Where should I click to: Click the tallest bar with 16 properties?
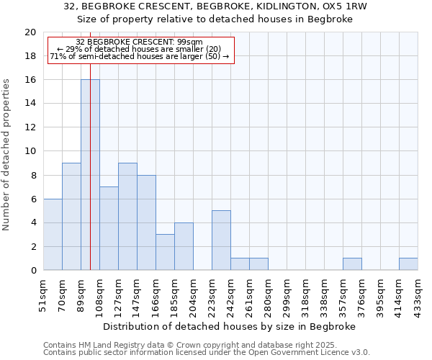[90, 174]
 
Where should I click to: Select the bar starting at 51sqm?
[53, 234]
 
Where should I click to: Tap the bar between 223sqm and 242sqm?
[221, 240]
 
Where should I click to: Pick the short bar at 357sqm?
[352, 264]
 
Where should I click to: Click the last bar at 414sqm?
[408, 264]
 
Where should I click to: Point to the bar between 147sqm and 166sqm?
[146, 222]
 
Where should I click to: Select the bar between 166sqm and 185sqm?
[165, 252]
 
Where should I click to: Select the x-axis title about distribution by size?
[235, 326]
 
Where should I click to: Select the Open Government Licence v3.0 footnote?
[207, 353]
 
